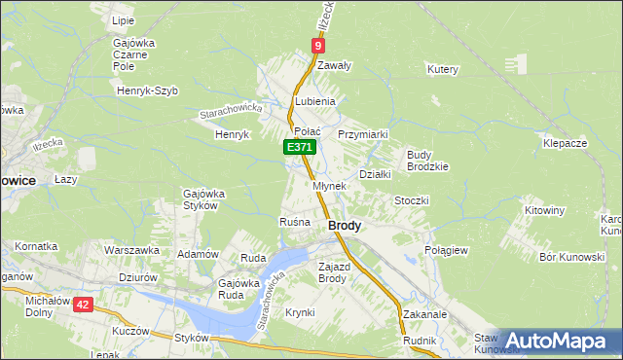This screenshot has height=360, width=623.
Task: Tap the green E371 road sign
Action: click(x=300, y=147)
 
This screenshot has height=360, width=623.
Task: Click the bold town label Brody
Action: click(x=345, y=225)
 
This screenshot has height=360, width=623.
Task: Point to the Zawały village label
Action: click(x=333, y=65)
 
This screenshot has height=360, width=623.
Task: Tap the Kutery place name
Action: click(x=442, y=69)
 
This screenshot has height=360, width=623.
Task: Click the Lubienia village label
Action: click(x=315, y=101)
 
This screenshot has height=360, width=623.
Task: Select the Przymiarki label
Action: click(x=363, y=134)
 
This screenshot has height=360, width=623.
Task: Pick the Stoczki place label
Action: click(x=411, y=199)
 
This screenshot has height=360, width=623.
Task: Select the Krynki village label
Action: click(x=300, y=312)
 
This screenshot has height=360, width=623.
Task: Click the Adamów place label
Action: click(x=197, y=253)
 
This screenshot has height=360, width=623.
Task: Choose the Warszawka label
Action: click(x=131, y=250)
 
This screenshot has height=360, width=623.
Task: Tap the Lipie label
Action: click(x=123, y=19)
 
